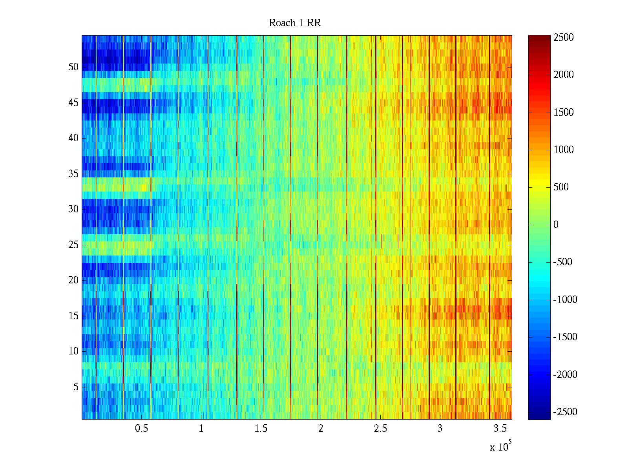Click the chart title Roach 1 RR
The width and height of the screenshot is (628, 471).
pos(295,23)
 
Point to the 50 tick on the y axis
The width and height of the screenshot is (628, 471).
pos(73,67)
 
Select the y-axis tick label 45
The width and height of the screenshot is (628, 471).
pos(73,102)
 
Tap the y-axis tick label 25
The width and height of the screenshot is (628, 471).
pos(73,245)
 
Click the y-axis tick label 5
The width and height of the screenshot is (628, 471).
pos(76,387)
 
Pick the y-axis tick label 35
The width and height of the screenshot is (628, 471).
pos(73,173)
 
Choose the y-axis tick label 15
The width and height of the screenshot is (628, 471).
pos(73,316)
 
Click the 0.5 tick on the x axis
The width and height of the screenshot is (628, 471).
pos(141,429)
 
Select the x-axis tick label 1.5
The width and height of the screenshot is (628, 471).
pos(261,429)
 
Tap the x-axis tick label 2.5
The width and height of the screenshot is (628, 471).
pos(380,429)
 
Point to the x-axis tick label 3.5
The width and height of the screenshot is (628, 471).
pos(500,429)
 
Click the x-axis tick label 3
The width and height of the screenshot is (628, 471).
pos(440,429)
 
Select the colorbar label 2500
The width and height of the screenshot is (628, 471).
pos(564,38)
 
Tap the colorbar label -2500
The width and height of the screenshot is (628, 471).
pos(565,412)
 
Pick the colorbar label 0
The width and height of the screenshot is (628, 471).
pos(556,225)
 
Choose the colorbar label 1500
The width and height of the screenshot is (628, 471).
pos(564,113)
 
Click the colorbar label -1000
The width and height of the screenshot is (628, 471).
pos(565,300)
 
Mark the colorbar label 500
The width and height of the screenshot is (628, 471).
pos(561,187)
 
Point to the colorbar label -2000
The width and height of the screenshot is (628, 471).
pos(565,374)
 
